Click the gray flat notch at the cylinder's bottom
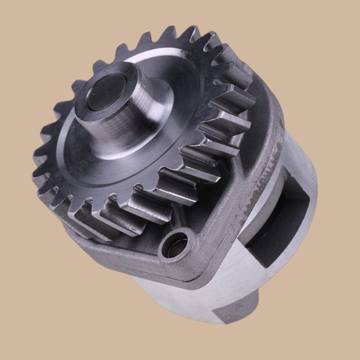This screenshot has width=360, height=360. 226,309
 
